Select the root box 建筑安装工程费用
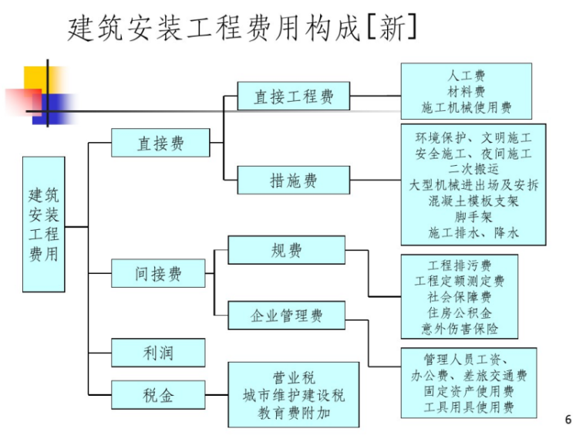43,224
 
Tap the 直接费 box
160,144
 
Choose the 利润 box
158,353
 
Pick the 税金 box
158,395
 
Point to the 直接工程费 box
294,97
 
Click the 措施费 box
294,181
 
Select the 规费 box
286,250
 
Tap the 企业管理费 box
286,316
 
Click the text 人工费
466,76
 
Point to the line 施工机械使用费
466,107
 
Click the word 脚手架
473,217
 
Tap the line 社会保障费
460,296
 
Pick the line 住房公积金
460,312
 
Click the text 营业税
294,378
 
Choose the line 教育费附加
294,413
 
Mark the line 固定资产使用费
468,391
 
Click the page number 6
568,420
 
